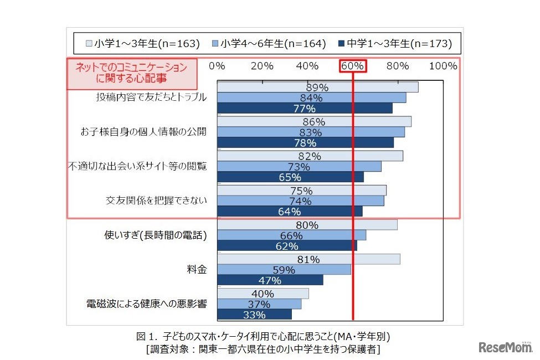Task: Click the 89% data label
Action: [317, 88]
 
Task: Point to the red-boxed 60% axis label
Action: [353, 66]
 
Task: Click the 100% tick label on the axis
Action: [443, 66]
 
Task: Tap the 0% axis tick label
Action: [217, 66]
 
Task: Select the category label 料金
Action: [197, 270]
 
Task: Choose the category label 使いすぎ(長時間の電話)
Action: [156, 235]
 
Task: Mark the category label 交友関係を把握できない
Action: [156, 200]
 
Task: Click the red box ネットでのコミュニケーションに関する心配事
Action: [132, 74]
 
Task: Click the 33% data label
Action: [254, 315]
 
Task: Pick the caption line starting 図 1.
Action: [263, 336]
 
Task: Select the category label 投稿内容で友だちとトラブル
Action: [151, 97]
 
